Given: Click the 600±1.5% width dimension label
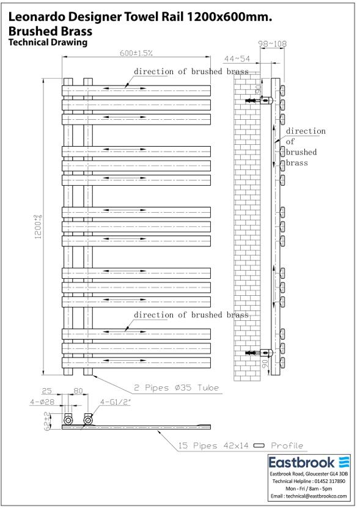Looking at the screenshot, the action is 136,53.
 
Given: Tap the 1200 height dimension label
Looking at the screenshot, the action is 39,227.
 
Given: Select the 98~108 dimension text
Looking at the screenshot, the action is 273,43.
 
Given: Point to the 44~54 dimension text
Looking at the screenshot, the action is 237,59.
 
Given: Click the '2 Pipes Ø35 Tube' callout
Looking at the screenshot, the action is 176,388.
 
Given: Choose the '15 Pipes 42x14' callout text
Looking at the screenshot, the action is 213,446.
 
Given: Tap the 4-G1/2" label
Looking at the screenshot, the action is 116,402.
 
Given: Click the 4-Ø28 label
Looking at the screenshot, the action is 42,402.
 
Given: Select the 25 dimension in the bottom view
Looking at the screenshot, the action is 46,391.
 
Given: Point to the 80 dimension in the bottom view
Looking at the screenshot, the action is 78,391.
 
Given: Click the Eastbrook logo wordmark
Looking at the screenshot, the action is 302,463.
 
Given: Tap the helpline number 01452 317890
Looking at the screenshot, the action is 329,481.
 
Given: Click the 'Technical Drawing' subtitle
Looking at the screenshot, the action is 48,42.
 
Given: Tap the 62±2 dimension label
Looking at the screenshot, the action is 48,421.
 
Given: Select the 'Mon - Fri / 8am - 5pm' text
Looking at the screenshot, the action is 309,488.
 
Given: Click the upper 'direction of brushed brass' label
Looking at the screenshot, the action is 191,72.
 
